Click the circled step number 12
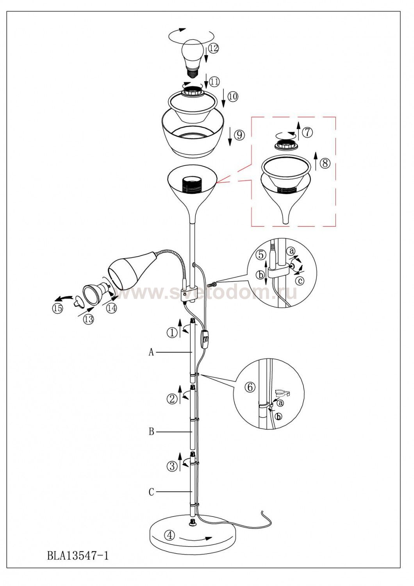coord(214,49)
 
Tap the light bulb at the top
coord(192,58)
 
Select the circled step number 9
coord(239,135)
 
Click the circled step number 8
coord(325,164)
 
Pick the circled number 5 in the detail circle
coord(261,255)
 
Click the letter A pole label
coord(151,352)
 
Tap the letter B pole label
coord(152,432)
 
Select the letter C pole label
coord(152,492)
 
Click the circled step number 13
coord(89,319)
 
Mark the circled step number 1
coord(172,333)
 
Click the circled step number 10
coord(233,96)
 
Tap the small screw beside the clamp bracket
coord(211,284)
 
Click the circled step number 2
coord(172,399)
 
